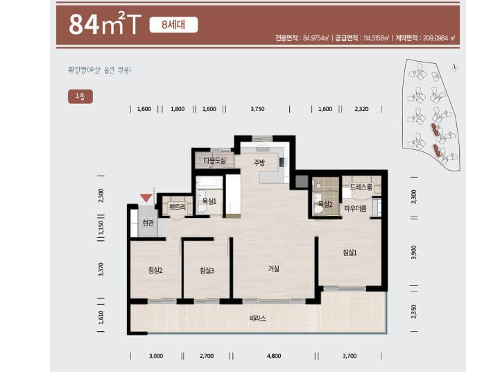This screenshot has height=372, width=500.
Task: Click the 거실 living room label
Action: point(274,269)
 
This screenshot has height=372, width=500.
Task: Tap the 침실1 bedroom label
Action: point(350,253)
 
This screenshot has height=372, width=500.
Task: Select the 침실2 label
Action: point(155,270)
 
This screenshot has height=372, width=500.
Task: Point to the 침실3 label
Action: point(207,270)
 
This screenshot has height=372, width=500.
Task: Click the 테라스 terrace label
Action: point(258,319)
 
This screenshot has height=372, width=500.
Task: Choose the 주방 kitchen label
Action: point(259,163)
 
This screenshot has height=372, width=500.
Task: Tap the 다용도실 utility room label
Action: point(214,161)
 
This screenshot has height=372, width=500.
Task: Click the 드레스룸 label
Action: point(361,187)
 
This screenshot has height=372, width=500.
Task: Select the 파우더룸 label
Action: point(355,208)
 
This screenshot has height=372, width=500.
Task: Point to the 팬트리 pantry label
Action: point(178,207)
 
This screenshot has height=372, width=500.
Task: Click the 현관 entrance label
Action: point(147,223)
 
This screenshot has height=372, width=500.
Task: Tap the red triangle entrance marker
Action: point(145,198)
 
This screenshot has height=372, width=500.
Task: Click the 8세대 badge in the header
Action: point(173,25)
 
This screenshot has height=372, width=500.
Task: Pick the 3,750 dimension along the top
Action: point(257,109)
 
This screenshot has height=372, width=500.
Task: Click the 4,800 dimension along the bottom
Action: point(273,355)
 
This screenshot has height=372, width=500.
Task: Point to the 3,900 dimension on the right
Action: point(414,252)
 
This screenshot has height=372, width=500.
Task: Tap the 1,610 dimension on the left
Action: point(101,317)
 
